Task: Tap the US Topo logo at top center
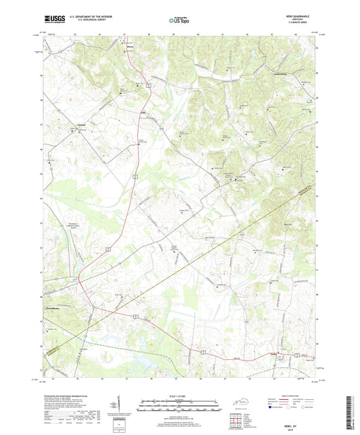(x=179, y=21)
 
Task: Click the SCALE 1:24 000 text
(x=180, y=396)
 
